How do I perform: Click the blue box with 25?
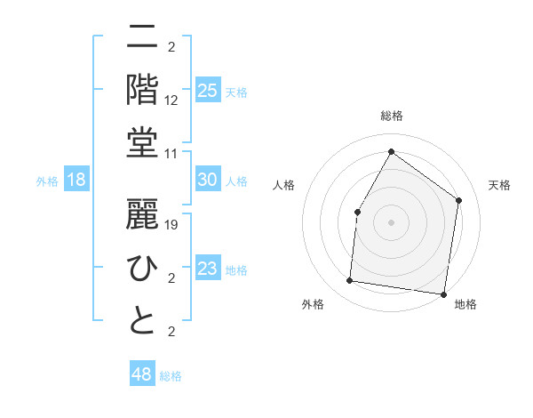click(207, 91)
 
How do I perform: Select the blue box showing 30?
click(207, 180)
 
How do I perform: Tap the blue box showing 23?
click(207, 269)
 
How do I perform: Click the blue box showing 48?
click(141, 374)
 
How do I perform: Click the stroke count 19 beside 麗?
click(172, 225)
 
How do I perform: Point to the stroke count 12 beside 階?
click(172, 100)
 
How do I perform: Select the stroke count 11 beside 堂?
click(172, 154)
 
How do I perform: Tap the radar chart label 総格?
click(391, 116)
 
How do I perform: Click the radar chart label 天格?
click(499, 185)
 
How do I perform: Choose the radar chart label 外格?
click(313, 304)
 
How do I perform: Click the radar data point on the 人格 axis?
click(357, 212)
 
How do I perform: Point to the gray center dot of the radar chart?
click(391, 221)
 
